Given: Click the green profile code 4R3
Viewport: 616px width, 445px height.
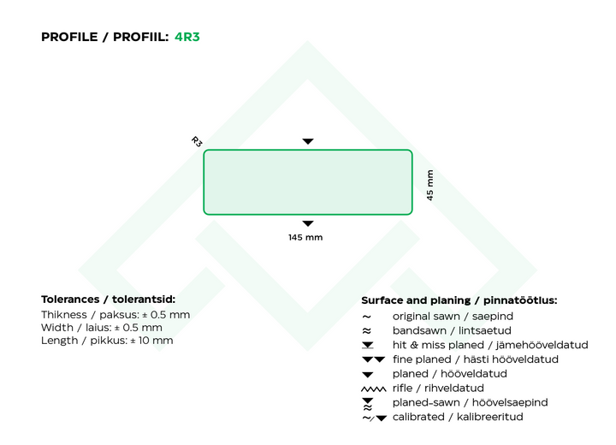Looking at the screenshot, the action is click(187, 37).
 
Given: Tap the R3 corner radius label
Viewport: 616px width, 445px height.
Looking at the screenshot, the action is click(197, 141).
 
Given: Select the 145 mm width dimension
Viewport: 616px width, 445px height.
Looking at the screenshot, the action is click(305, 237).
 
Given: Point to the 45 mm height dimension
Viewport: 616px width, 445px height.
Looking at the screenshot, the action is click(430, 185).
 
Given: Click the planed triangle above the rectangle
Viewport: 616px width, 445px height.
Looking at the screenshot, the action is click(308, 141).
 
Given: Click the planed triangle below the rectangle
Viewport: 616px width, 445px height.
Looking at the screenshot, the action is click(308, 223).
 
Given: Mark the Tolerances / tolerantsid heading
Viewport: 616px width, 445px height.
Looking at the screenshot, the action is click(108, 300).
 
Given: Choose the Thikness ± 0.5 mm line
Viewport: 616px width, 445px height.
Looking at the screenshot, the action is click(115, 314).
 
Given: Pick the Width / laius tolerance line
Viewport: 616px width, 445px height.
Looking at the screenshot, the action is click(101, 328).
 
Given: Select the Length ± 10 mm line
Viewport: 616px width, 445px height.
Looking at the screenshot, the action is click(107, 341).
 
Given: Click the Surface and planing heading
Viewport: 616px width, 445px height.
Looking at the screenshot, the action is click(459, 300).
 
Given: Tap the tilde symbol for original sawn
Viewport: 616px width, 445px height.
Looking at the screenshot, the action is click(366, 317).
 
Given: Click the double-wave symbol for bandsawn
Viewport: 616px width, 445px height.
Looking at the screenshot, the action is click(366, 330).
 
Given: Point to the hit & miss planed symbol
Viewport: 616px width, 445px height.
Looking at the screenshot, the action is click(368, 345).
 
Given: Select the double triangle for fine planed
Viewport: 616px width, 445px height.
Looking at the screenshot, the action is click(374, 359).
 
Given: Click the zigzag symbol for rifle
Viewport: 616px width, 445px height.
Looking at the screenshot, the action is click(374, 389).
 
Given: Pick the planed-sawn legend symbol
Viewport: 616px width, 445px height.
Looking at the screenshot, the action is click(368, 404).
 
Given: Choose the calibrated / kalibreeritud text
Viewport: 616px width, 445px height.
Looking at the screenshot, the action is click(458, 417).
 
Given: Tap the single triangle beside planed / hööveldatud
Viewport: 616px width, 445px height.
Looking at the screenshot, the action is click(368, 375).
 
